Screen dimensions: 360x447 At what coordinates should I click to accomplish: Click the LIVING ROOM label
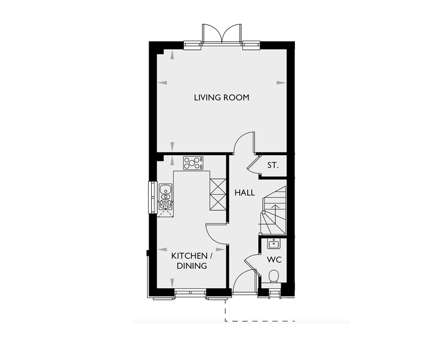[x=221, y=97]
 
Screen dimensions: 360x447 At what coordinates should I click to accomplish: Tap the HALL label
[x=245, y=193]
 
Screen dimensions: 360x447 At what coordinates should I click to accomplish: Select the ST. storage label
[x=273, y=165]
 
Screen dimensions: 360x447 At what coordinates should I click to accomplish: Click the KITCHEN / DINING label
[x=190, y=260]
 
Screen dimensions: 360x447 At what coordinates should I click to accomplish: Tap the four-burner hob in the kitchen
[x=193, y=163]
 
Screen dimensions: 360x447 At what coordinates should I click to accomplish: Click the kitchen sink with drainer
[x=165, y=197]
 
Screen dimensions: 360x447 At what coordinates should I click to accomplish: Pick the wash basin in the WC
[x=273, y=244]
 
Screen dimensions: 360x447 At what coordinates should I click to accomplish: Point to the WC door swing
[x=250, y=263]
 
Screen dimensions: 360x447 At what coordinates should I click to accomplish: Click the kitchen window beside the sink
[x=152, y=195]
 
